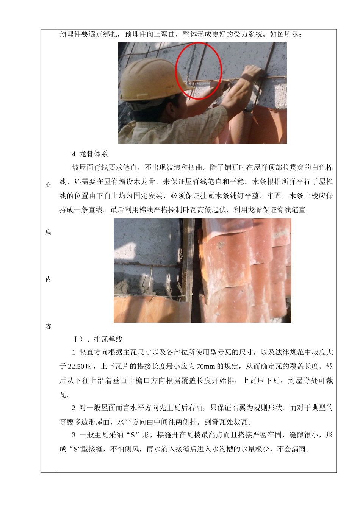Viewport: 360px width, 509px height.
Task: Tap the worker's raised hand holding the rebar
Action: [252, 73]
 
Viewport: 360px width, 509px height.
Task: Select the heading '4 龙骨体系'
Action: [90, 154]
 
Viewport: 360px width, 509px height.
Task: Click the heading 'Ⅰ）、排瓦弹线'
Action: [98, 339]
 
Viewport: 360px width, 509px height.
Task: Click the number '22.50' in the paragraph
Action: [76, 367]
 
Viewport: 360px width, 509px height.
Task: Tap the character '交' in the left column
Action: [48, 185]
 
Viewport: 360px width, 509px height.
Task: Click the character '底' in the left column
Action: [48, 232]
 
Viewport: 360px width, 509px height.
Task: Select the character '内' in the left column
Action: [48, 279]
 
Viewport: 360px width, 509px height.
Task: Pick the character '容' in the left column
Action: [48, 326]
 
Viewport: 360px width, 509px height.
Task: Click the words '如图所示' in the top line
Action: [284, 34]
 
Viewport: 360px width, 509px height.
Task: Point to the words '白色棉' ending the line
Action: [322, 168]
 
